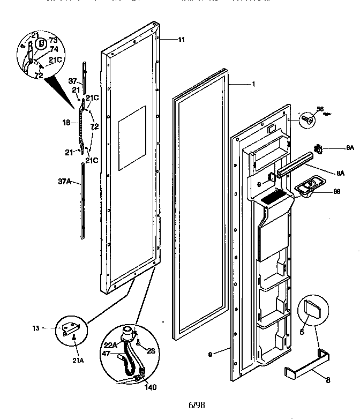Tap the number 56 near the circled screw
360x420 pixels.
pos(320,109)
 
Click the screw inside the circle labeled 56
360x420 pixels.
pos(308,118)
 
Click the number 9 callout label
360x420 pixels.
pos(211,354)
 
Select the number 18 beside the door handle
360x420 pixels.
pos(66,123)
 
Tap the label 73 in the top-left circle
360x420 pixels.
pos(53,40)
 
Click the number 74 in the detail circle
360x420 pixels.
pos(54,49)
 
